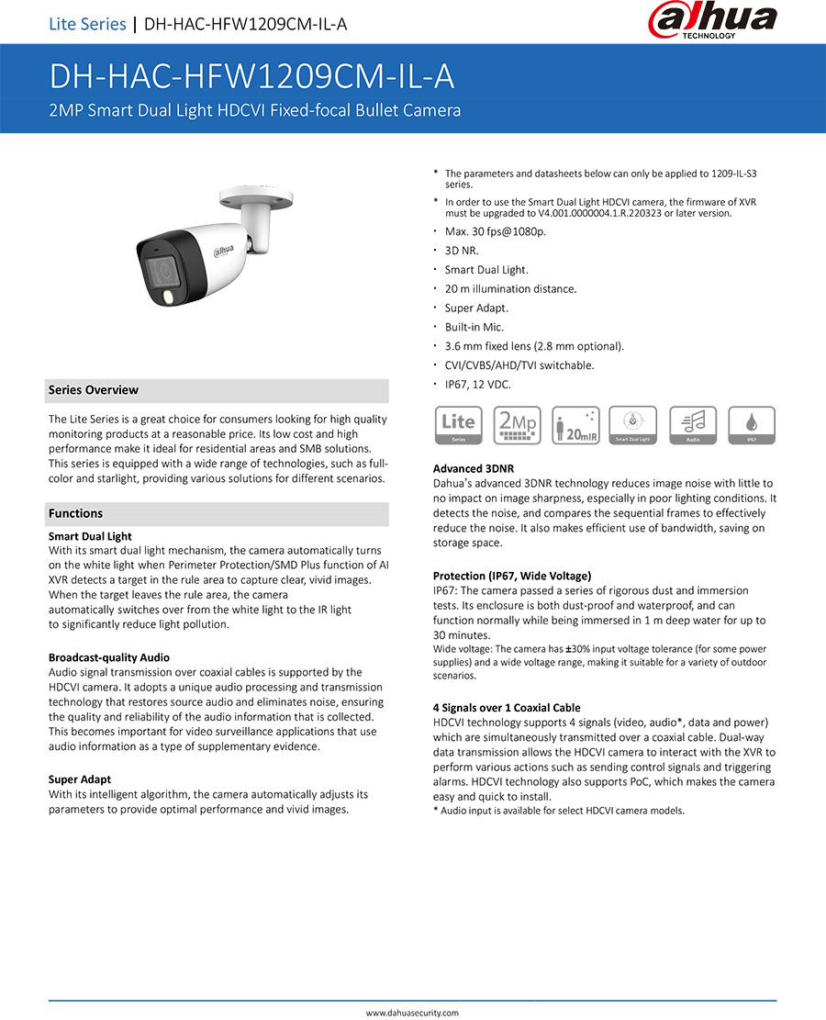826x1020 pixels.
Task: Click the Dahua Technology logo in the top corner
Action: click(x=712, y=21)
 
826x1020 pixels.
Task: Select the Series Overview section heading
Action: click(x=94, y=390)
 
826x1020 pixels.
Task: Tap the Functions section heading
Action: click(x=76, y=513)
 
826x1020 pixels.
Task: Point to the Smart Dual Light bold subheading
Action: click(x=90, y=536)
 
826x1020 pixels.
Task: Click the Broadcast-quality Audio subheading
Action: click(x=108, y=657)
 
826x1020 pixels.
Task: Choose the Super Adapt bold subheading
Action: click(x=80, y=779)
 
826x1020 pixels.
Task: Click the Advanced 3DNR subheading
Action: click(x=474, y=468)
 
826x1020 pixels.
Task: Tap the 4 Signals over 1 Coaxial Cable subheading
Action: click(x=507, y=708)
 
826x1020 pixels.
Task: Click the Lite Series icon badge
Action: click(x=458, y=426)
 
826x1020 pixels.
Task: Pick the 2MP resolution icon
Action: click(x=517, y=426)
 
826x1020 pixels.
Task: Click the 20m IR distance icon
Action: click(x=575, y=426)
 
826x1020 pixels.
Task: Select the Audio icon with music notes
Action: click(x=693, y=426)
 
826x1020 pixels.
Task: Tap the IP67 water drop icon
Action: click(x=752, y=426)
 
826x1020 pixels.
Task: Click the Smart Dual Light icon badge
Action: click(x=633, y=426)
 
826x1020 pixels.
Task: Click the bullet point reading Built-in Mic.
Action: click(x=474, y=327)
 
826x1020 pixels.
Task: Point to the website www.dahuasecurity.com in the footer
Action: click(x=412, y=1013)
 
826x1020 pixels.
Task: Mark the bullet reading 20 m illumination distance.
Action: click(x=510, y=289)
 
